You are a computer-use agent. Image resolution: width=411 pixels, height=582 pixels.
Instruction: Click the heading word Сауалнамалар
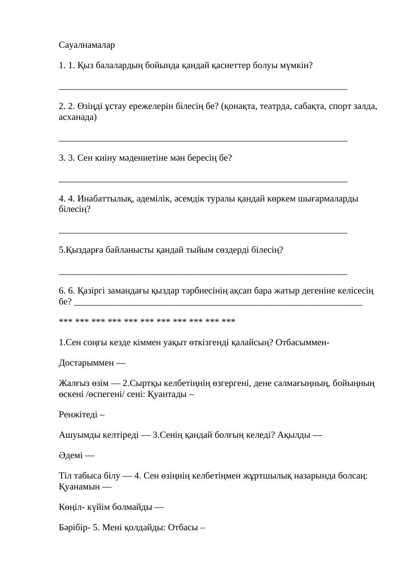(x=86, y=45)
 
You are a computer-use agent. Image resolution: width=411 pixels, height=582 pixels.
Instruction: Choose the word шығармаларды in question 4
(x=328, y=199)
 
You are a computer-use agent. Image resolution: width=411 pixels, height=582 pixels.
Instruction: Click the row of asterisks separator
(x=147, y=321)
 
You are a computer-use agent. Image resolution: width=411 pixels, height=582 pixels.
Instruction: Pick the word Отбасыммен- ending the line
(x=303, y=342)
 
